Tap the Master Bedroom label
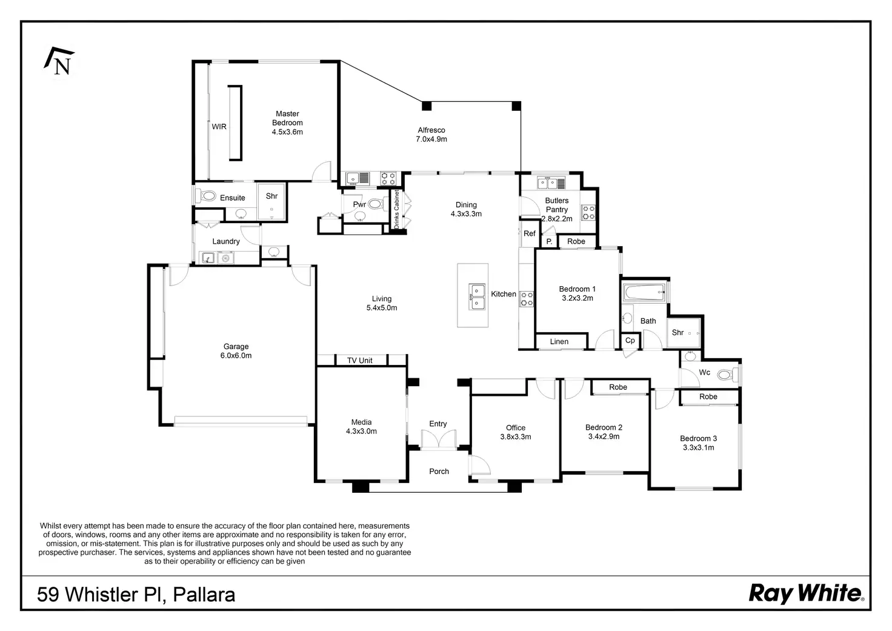click(x=287, y=122)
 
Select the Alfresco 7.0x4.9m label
click(x=431, y=135)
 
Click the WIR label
click(x=219, y=127)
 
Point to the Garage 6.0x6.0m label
click(x=236, y=351)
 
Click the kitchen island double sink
click(x=477, y=296)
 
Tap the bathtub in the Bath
click(x=644, y=293)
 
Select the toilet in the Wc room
click(x=725, y=375)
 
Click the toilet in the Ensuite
click(x=208, y=196)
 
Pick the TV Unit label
click(x=360, y=361)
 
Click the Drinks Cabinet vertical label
click(x=397, y=210)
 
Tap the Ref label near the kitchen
click(x=530, y=233)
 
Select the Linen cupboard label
click(x=559, y=342)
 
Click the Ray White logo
click(x=806, y=593)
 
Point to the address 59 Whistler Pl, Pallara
click(x=136, y=594)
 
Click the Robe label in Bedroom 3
click(x=708, y=397)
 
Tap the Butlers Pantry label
click(x=557, y=209)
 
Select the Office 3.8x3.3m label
click(x=516, y=432)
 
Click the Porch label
click(x=439, y=471)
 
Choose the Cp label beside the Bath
click(x=630, y=341)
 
